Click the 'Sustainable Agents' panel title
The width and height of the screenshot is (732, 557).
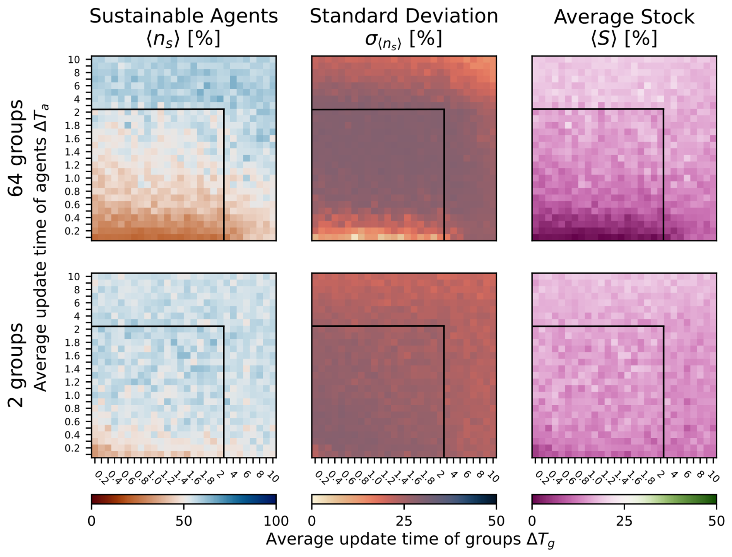(x=183, y=16)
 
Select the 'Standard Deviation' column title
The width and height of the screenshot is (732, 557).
(x=404, y=16)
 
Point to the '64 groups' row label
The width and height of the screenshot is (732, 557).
(x=16, y=148)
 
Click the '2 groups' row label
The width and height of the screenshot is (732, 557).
(x=16, y=365)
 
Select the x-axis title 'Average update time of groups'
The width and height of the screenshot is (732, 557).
(x=410, y=540)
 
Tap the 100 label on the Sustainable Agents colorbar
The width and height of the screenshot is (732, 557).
(x=275, y=521)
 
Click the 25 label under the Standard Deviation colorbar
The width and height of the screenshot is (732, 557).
(x=404, y=521)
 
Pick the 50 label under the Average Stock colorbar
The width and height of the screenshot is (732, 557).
(x=716, y=521)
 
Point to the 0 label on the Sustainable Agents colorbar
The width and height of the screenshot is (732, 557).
(x=92, y=521)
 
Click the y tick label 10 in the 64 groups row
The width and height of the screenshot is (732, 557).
(x=74, y=60)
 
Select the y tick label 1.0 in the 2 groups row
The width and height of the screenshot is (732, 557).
(x=74, y=395)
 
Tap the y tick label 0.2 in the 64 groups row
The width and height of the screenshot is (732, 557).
(x=74, y=231)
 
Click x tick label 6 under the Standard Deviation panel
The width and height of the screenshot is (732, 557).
(x=467, y=475)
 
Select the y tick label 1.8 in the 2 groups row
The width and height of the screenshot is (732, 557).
(x=74, y=343)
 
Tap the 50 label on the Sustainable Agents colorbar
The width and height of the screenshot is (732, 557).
(x=183, y=521)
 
